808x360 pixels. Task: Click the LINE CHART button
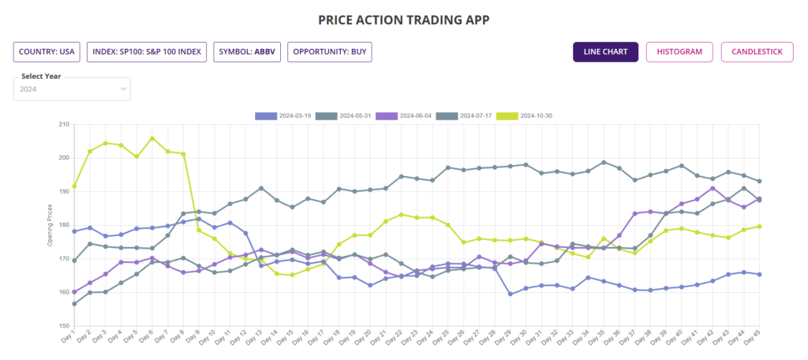click(605, 52)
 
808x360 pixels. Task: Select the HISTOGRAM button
click(679, 52)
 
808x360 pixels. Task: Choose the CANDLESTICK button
click(757, 52)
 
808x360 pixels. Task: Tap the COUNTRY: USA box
click(47, 52)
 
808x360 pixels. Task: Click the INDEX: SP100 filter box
click(147, 52)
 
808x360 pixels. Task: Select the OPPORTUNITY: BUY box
click(329, 52)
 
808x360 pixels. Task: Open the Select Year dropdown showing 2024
click(72, 89)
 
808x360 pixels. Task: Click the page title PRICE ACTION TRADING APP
click(404, 18)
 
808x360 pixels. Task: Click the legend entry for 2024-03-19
click(283, 116)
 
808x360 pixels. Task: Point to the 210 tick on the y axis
click(63, 125)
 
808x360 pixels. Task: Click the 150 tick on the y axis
click(63, 325)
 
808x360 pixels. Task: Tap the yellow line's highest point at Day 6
click(152, 138)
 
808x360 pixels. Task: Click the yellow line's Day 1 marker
click(74, 186)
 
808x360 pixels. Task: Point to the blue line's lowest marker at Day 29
click(511, 294)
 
